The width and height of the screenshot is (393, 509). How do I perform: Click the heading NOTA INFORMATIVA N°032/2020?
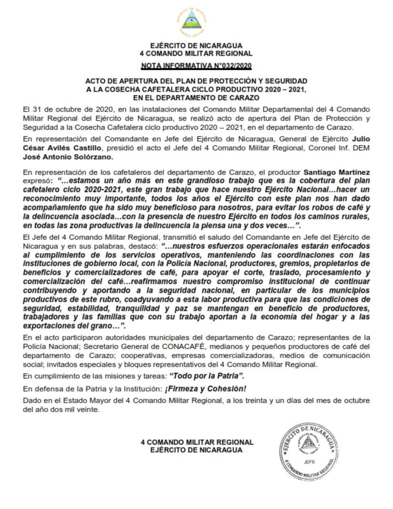pos(196,65)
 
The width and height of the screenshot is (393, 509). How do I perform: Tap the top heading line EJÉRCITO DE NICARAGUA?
pos(196,46)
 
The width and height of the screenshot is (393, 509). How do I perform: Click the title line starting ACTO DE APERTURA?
pos(196,81)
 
